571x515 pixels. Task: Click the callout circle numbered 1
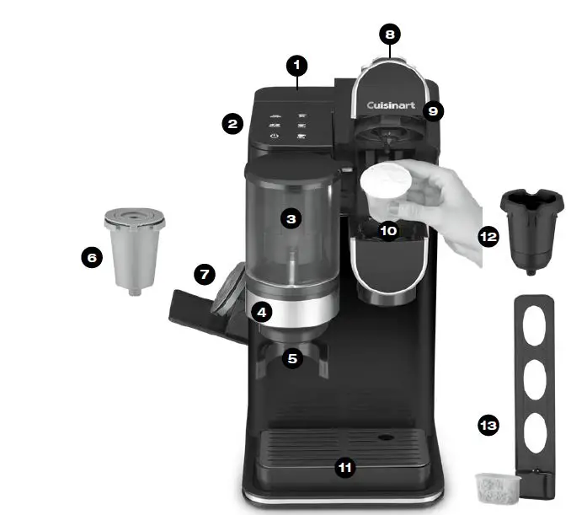(x=296, y=64)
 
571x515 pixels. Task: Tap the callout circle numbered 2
(x=232, y=124)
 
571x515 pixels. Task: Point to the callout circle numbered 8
(x=388, y=35)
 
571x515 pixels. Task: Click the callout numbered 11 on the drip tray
(x=344, y=468)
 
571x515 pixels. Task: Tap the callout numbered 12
(x=488, y=237)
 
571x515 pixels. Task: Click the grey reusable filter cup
(x=134, y=249)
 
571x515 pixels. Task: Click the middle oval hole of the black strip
(x=536, y=380)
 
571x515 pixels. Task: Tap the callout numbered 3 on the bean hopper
(x=291, y=218)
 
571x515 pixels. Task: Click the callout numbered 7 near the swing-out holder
(x=205, y=275)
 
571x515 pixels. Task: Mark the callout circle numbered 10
(x=388, y=229)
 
